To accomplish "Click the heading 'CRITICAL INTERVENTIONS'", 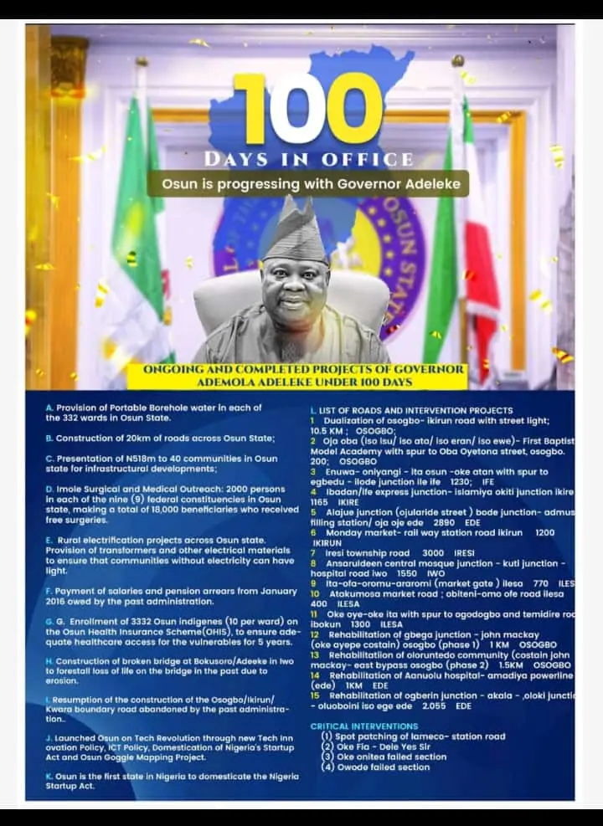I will pyautogui.click(x=363, y=726).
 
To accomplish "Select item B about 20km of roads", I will pyautogui.click(x=159, y=438).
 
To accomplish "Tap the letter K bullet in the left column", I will pyautogui.click(x=49, y=776).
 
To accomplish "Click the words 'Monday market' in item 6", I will pyautogui.click(x=361, y=532).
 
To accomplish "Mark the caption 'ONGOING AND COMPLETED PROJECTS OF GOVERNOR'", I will pyautogui.click(x=303, y=369).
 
